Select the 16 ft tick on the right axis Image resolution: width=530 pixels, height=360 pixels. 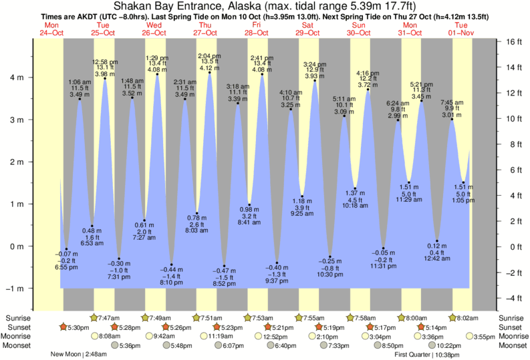click(513, 41)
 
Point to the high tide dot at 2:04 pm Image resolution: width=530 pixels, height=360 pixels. click(209, 73)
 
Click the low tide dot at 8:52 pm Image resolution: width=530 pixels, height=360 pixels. click(224, 266)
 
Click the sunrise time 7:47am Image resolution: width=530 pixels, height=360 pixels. click(109, 318)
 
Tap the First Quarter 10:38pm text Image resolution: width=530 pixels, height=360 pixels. click(426, 355)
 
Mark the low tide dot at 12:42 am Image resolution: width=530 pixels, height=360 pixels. click(437, 241)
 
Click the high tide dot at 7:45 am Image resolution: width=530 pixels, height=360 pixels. click(452, 120)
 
